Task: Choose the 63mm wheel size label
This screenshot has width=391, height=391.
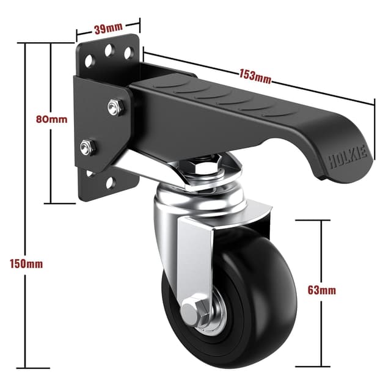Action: click(321, 290)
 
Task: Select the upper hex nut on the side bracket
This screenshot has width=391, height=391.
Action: click(113, 108)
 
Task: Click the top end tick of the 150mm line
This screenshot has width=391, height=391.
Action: click(26, 43)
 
